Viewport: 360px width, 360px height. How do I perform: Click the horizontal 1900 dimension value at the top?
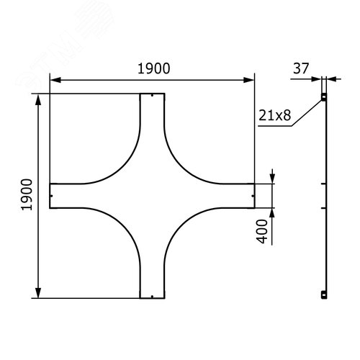152,68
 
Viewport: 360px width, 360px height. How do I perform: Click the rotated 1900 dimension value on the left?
27,195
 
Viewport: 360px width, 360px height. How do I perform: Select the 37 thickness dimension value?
301,68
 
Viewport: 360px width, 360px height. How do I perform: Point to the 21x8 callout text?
275,114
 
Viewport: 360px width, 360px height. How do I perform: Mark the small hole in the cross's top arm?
153,96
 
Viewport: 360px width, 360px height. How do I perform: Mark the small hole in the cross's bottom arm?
152,295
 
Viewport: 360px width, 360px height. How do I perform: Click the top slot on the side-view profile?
324,96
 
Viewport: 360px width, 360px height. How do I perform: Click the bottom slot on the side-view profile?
324,294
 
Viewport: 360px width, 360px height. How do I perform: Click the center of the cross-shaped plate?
152,195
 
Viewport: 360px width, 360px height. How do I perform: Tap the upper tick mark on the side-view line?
325,184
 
